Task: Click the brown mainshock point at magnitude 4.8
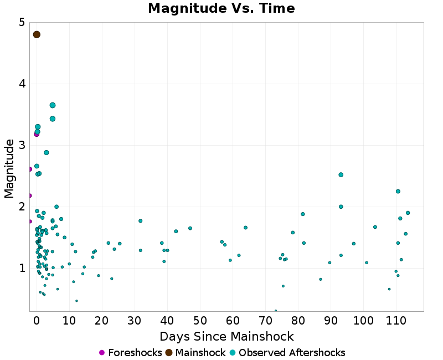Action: tap(37, 34)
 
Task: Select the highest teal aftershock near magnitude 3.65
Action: tap(53, 105)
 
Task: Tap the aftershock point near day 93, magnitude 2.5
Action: tap(341, 174)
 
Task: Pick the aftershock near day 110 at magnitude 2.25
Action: tap(398, 191)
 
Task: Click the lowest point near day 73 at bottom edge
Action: tap(276, 311)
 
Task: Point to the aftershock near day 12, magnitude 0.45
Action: tap(76, 301)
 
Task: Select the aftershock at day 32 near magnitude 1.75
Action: tap(141, 221)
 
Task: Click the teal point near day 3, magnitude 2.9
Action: tap(47, 152)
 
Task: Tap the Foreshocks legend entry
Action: tap(130, 353)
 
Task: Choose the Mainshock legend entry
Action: tap(195, 353)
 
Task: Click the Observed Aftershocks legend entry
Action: tap(286, 353)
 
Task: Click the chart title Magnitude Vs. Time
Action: tap(221, 9)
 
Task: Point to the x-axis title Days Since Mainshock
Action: tap(226, 336)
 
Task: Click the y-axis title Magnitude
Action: tap(9, 168)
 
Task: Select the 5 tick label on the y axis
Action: tap(21, 23)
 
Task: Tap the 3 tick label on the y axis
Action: tap(21, 145)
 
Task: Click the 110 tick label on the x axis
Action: tap(396, 320)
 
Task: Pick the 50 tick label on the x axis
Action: tap(200, 320)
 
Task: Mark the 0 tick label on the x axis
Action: tap(37, 320)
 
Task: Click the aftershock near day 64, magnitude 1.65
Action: tap(245, 228)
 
